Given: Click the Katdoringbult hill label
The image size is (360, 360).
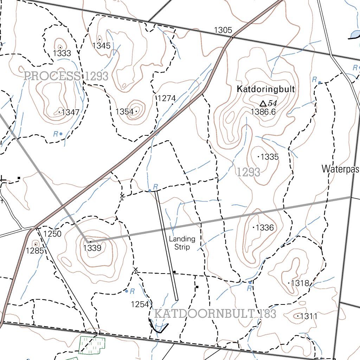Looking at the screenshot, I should (266, 89).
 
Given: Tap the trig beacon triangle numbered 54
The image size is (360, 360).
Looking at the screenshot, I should (263, 103).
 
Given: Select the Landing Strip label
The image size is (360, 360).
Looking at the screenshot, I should (182, 243).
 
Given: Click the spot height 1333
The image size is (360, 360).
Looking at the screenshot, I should (62, 53).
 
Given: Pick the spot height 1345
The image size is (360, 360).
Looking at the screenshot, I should (101, 45).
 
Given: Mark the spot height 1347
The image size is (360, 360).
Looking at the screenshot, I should (70, 112).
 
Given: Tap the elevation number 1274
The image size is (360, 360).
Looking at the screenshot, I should (166, 98).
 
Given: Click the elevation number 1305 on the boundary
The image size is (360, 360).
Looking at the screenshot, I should (223, 30).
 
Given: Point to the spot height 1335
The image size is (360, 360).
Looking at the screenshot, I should (270, 157).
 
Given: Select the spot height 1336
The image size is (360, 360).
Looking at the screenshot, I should (264, 228).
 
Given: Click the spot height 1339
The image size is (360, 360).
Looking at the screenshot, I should (92, 248).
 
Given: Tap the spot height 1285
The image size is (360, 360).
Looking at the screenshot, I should (35, 250).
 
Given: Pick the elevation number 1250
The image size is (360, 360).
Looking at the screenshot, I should (52, 234).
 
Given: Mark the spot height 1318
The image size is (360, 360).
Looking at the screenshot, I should (300, 283).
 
